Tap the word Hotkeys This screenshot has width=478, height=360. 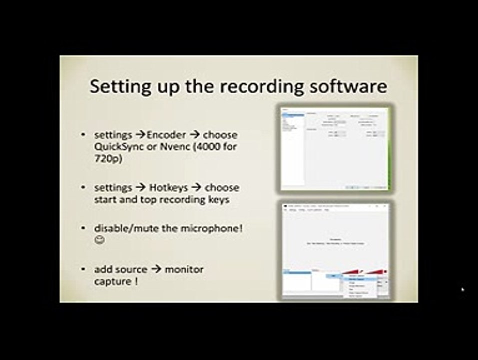click(168, 187)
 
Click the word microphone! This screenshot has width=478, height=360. click(213, 228)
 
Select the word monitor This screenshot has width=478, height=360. click(184, 269)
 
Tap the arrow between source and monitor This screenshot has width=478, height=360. click(156, 269)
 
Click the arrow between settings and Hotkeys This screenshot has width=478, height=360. click(140, 188)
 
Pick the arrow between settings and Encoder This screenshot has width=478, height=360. click(139, 135)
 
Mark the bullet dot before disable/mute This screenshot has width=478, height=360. click(83, 228)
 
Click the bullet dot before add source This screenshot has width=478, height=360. click(83, 270)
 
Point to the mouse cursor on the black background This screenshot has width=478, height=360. click(463, 289)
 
